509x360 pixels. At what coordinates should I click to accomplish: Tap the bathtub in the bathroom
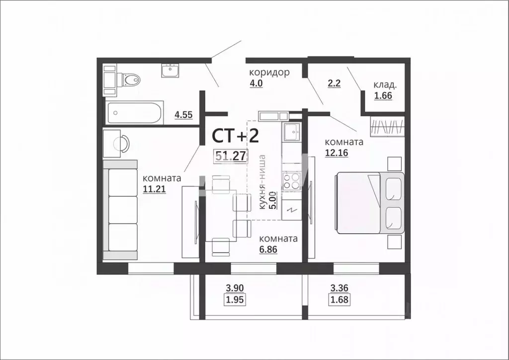[x=135, y=114]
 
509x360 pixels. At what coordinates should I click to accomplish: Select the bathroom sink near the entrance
[x=170, y=71]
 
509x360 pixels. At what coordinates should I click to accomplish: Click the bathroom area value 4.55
[x=184, y=115]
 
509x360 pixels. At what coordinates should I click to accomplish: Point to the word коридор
[x=269, y=73]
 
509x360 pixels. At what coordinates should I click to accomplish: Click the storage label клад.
[x=385, y=86]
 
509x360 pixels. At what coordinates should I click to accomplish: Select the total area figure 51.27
[x=231, y=156]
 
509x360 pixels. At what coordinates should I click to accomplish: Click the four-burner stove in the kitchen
[x=291, y=180]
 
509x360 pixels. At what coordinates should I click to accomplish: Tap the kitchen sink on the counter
[x=290, y=132]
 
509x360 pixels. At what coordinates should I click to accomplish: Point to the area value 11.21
[x=154, y=188]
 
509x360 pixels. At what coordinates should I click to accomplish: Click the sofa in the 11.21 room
[x=121, y=209]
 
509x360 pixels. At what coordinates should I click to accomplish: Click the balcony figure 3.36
[x=340, y=287]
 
